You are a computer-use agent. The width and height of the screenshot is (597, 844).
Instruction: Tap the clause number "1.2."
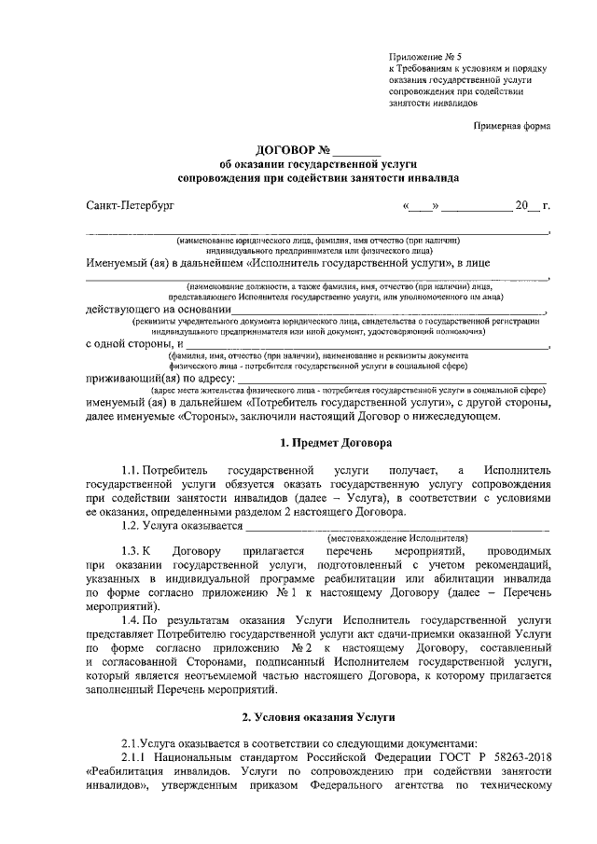(x=133, y=526)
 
